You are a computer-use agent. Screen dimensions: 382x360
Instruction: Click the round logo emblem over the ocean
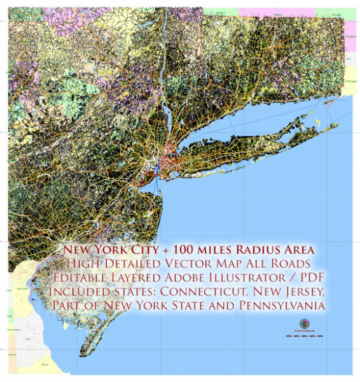click(x=302, y=325)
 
